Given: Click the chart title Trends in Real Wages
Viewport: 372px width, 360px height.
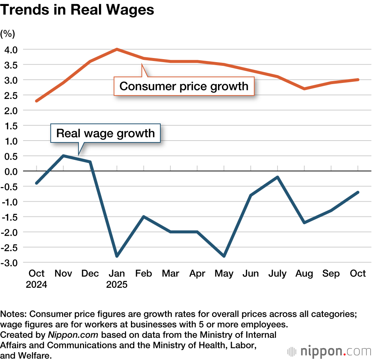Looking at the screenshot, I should click(x=77, y=10).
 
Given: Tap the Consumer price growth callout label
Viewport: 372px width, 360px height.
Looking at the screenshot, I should click(x=184, y=86).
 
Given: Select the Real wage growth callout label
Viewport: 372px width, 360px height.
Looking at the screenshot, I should click(x=105, y=133).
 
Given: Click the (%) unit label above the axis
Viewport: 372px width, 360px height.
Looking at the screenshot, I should click(x=7, y=34).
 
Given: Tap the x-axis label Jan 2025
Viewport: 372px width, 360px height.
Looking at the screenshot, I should click(x=117, y=279).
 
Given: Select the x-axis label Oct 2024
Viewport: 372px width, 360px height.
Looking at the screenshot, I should click(x=36, y=279).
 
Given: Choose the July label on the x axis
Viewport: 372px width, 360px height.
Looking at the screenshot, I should click(x=277, y=274).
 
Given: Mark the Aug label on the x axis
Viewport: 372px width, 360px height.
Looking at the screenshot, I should click(x=304, y=274).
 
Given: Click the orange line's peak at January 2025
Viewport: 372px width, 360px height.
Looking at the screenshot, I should click(x=117, y=49).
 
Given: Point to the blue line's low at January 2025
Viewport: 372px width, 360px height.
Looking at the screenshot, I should click(x=117, y=256).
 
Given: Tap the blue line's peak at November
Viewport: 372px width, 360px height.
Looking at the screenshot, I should click(x=63, y=155).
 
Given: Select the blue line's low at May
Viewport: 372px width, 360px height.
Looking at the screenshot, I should click(x=224, y=256).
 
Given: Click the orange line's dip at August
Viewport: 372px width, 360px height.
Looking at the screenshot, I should click(x=304, y=89).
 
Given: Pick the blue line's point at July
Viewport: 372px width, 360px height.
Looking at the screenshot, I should click(x=278, y=177).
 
